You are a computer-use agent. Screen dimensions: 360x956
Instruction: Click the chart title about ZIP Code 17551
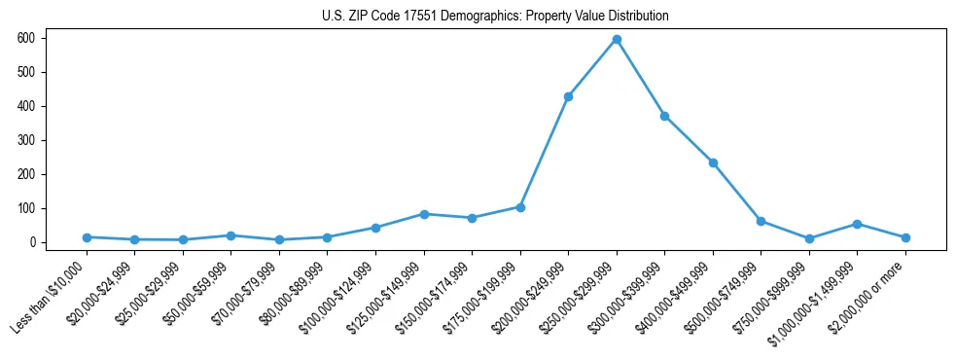coord(495,17)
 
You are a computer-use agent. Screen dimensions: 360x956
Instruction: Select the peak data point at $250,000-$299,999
coord(617,39)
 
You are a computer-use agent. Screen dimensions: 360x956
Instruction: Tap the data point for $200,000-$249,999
coord(568,96)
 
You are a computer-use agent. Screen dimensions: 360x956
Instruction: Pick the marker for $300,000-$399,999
coord(664,116)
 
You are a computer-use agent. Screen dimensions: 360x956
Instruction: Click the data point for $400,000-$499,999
coord(713,162)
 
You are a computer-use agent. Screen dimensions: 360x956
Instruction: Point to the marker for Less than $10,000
coord(87,237)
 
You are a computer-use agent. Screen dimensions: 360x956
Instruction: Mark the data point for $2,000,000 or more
coord(905,237)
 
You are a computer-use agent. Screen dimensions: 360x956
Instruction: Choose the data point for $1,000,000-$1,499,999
coord(857,224)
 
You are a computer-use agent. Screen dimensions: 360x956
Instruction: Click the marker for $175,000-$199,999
coord(520,207)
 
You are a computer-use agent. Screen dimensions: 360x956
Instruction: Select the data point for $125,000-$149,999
coord(424,214)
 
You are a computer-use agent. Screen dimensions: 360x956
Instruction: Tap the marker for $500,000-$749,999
coord(761,221)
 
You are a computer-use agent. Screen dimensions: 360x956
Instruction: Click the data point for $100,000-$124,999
coord(375,228)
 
